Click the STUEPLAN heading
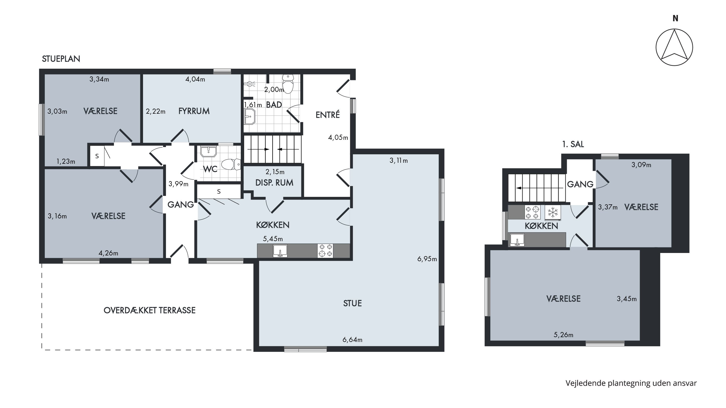(61, 59)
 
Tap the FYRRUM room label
(194, 111)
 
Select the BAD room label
(274, 105)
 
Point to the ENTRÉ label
(327, 115)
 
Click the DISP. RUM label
(274, 183)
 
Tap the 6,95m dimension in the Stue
(427, 259)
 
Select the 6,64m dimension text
(352, 340)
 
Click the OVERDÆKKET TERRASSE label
(149, 310)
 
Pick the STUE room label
(352, 303)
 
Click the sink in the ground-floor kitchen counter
(280, 251)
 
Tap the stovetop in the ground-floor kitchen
(325, 251)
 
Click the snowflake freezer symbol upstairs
(553, 212)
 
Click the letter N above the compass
(675, 18)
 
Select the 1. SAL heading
(573, 144)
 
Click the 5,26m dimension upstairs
(563, 335)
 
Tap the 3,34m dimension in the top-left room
(99, 79)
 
